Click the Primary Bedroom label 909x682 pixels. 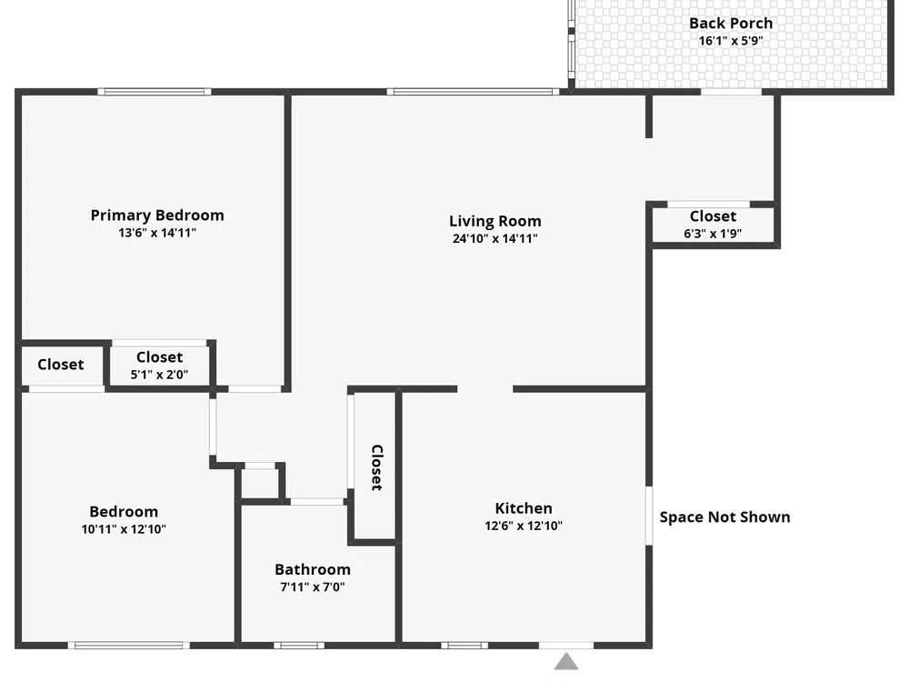coord(157,216)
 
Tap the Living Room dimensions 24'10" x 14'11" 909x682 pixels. coord(495,238)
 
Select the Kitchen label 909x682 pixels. coord(524,508)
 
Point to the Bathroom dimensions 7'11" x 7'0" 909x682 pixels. coord(313,587)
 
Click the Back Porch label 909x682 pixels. coord(731,24)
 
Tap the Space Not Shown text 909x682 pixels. coord(724,517)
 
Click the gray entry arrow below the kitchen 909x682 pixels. coord(566,662)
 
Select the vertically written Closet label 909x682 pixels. coord(377,467)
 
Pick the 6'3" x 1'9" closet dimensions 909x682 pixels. coord(713,234)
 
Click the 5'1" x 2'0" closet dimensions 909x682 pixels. coord(159,375)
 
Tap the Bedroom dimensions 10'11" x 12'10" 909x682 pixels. coord(124,529)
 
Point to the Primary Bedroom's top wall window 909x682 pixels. coord(155,92)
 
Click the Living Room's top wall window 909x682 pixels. coord(473,92)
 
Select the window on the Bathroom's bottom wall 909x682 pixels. coord(299,646)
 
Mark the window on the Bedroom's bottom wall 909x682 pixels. coord(129,646)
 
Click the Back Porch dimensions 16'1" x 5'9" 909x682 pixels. coord(731,41)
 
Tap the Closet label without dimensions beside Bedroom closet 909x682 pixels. coord(61,365)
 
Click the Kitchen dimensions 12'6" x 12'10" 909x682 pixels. coord(524,526)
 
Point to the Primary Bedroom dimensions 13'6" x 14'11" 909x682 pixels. coord(157,233)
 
